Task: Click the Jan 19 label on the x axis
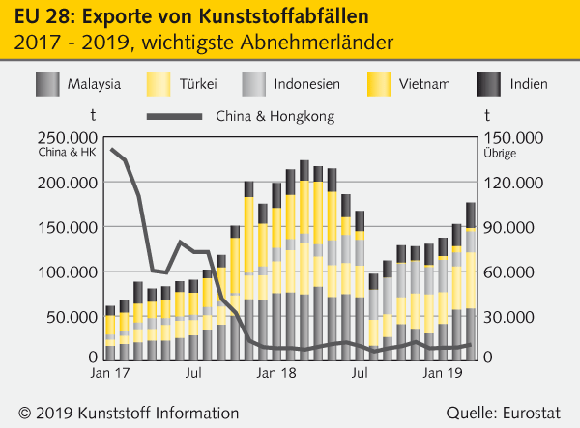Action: [x=444, y=371]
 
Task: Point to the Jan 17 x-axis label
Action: [x=110, y=371]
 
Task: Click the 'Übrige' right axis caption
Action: [x=499, y=153]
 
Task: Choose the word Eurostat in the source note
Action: [x=531, y=411]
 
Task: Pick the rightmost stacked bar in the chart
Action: [x=470, y=280]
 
